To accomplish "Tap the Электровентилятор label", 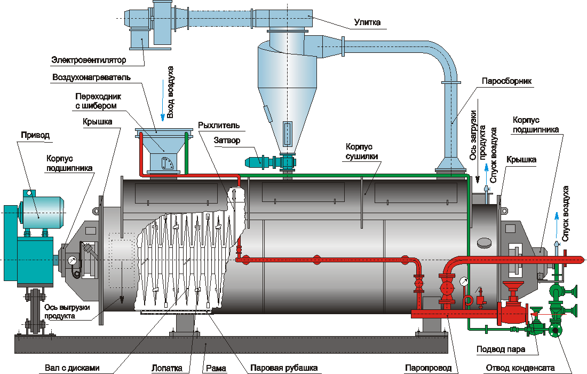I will (x=84, y=60).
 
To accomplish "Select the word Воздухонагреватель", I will (x=91, y=77).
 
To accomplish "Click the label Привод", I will (x=35, y=135).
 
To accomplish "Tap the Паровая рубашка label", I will (x=284, y=368).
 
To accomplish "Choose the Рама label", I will (x=216, y=368).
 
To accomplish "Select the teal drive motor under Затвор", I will (x=253, y=160).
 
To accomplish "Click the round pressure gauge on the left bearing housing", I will (x=72, y=261).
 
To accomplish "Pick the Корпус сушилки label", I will (x=361, y=151).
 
